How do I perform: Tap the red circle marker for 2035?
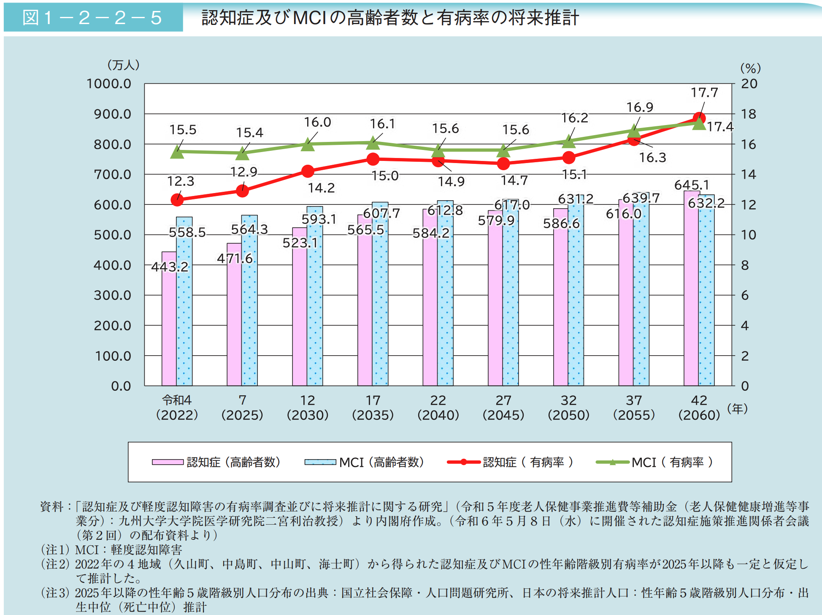373,159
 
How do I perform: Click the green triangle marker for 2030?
308,145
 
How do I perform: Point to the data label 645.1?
692,185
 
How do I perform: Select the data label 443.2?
170,267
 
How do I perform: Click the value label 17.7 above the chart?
704,93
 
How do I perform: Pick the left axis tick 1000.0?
109,84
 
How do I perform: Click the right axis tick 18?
749,114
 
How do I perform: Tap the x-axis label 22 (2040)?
438,407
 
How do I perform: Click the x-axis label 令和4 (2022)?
177,407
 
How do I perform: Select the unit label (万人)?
123,65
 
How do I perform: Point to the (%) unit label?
750,68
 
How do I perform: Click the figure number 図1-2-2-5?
92,18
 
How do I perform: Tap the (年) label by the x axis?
737,408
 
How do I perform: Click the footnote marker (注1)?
55,550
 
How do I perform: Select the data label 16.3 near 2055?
652,158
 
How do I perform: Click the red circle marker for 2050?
569,158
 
